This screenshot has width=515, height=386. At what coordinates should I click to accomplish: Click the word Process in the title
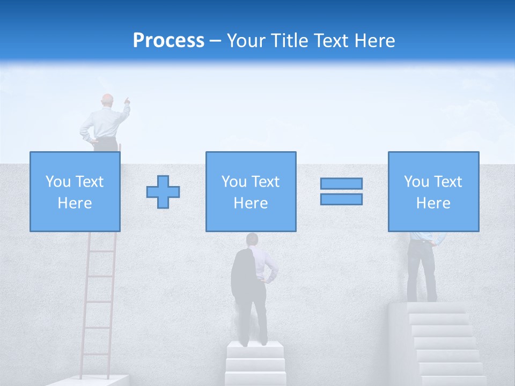(168, 41)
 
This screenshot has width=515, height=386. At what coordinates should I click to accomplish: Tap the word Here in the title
(374, 41)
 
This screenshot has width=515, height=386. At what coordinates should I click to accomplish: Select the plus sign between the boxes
(163, 191)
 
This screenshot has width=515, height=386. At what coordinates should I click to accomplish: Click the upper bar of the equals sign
(341, 183)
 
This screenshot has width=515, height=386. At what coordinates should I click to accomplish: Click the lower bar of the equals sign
(341, 199)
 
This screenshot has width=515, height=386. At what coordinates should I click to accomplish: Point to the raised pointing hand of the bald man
(127, 100)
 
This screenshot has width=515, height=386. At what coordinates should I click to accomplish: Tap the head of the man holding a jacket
(252, 239)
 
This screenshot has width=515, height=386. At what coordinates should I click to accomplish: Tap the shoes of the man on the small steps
(254, 342)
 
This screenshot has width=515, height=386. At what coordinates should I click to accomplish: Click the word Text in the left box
(90, 182)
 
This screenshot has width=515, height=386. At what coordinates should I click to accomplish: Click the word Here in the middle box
(251, 203)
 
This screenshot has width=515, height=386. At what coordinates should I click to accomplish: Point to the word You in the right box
(416, 182)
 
